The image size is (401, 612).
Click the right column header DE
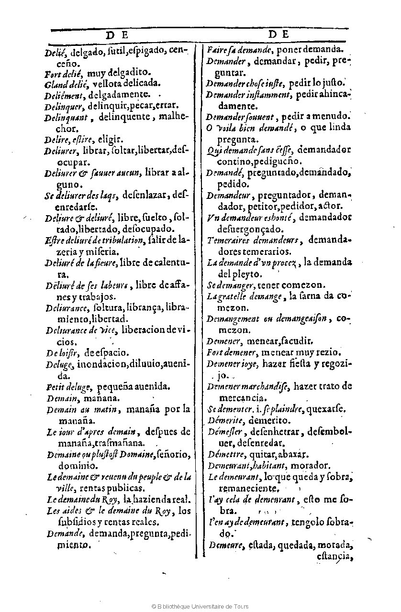pyautogui.click(x=278, y=34)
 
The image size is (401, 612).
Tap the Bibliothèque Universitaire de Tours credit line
pyautogui.click(x=200, y=606)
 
